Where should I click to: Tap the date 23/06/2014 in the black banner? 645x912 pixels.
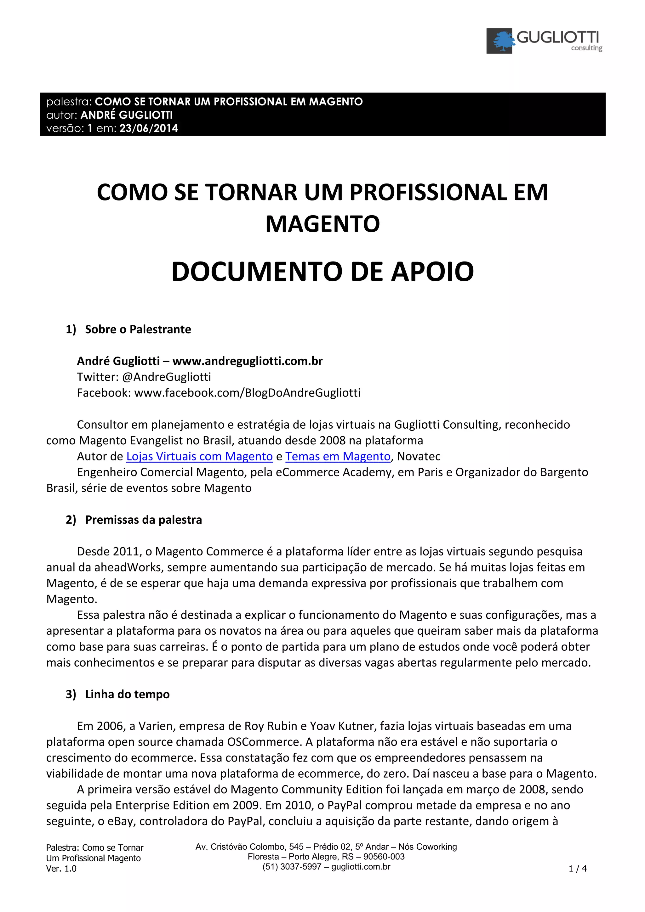[149, 128]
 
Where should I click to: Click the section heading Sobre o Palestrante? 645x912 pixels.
[138, 329]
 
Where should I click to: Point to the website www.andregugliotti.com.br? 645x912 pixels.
[247, 361]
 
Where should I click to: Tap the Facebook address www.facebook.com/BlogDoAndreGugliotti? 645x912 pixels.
[247, 393]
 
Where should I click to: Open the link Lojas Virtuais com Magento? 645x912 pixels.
[199, 456]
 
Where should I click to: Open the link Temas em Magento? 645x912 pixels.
[338, 456]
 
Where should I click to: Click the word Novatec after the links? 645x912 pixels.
[419, 456]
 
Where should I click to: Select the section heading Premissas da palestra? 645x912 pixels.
[144, 520]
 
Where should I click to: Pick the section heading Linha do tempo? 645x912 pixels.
[127, 694]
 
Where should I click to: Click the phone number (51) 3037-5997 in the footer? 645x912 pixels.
[292, 867]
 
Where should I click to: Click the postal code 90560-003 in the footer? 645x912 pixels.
[384, 857]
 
